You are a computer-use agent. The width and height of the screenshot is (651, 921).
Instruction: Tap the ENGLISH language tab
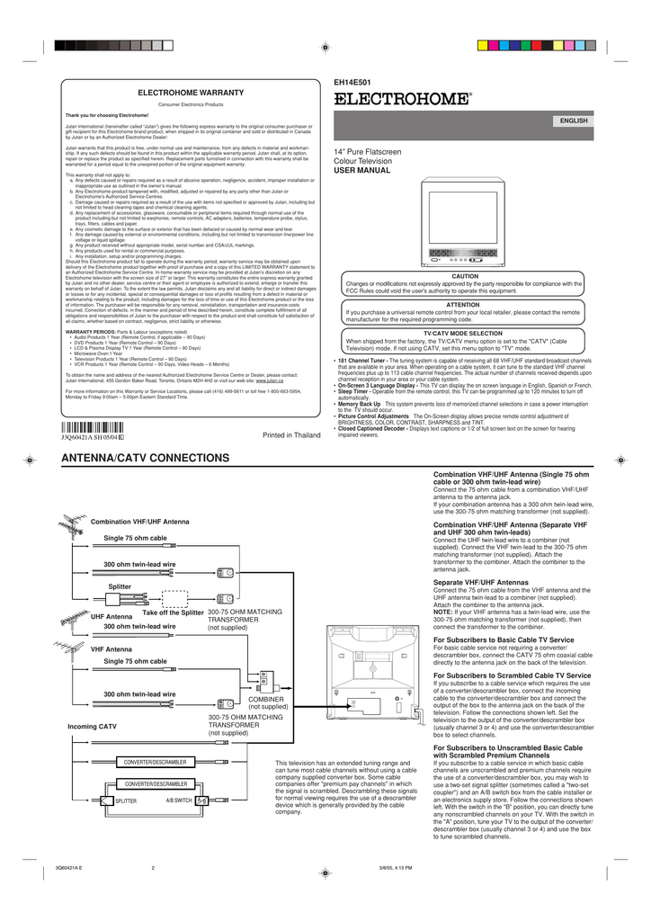tap(574, 121)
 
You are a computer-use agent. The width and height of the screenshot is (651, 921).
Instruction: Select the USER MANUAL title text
tap(362, 170)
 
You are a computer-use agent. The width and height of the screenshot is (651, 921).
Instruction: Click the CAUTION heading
tap(465, 276)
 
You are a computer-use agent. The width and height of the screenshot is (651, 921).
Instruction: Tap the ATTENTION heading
tap(464, 305)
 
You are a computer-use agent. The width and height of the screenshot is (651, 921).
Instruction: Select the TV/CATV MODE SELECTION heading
tap(465, 334)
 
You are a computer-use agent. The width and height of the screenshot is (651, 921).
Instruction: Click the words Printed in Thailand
tap(290, 435)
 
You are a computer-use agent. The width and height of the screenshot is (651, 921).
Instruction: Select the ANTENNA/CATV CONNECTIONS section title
tap(145, 459)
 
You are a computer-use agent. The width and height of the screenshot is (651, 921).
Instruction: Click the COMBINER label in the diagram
tap(266, 699)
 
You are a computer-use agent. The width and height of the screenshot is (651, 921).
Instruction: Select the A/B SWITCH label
tap(179, 800)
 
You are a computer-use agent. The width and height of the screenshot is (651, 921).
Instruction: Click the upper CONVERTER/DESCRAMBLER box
tap(155, 763)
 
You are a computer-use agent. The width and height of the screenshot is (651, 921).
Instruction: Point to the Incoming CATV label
tap(92, 726)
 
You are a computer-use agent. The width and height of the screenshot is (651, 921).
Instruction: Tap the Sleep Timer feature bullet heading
tap(354, 393)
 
